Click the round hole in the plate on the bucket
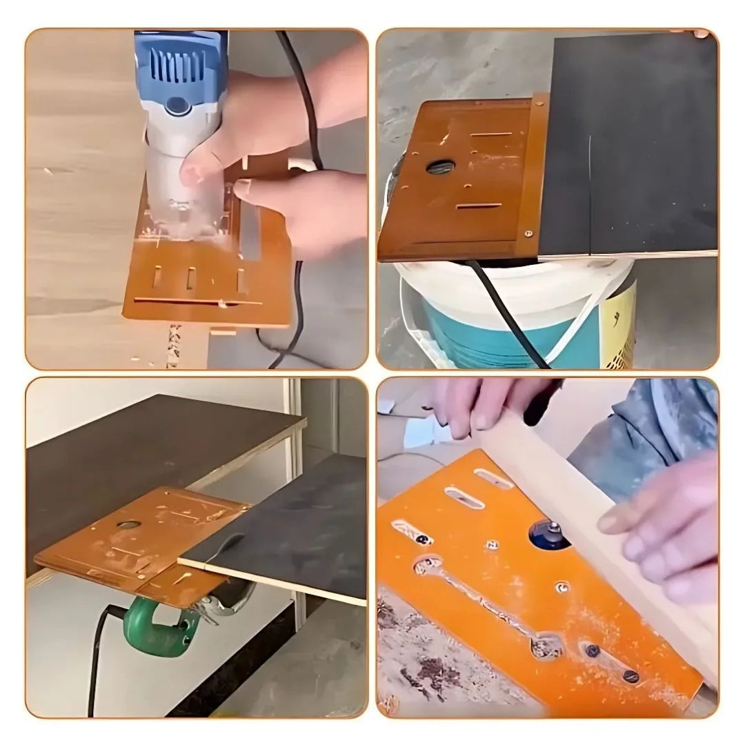tap(439, 166)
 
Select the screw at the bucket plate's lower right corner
tap(528, 233)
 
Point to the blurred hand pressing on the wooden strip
tap(655, 531)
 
